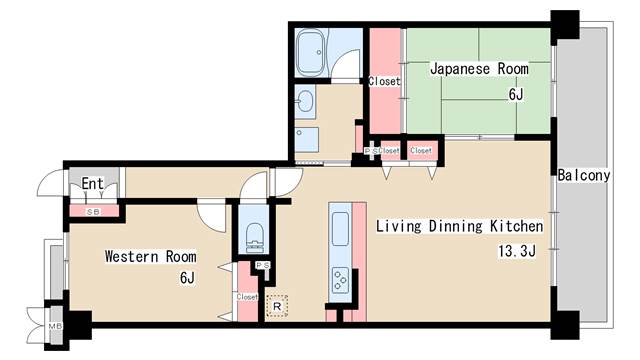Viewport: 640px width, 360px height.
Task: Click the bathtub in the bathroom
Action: click(311, 52)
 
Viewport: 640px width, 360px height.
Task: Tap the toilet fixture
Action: click(256, 238)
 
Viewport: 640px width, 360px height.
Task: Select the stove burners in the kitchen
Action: click(340, 280)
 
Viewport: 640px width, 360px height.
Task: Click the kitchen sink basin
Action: click(340, 229)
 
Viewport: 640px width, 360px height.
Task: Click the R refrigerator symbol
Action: click(277, 306)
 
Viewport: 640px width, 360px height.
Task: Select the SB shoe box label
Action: click(93, 212)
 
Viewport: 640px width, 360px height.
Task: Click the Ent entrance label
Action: click(92, 183)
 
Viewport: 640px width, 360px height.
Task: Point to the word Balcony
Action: click(584, 176)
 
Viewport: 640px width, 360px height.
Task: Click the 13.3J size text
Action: click(517, 251)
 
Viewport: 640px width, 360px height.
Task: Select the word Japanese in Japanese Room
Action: click(460, 69)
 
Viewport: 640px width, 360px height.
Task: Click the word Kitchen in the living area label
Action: click(516, 226)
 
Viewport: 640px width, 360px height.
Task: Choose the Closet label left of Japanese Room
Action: click(384, 82)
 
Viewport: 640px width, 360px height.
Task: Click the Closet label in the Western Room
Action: click(247, 297)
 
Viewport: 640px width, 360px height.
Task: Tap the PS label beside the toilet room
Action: click(263, 265)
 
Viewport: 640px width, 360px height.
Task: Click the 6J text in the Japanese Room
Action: click(516, 95)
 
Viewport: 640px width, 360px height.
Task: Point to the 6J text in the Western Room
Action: click(187, 278)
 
